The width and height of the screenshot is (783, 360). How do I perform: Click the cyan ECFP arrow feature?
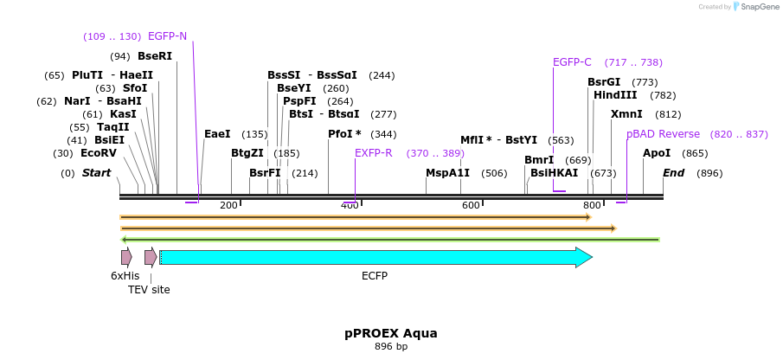[372, 257]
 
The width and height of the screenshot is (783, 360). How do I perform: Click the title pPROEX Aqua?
[391, 333]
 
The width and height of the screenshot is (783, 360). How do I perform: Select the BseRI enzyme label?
[155, 56]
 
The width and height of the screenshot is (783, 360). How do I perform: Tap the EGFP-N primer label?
[167, 36]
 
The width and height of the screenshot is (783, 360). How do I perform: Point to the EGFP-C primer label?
[572, 62]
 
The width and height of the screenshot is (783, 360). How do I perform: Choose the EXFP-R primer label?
[373, 153]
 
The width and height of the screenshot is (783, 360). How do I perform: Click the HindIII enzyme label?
[615, 95]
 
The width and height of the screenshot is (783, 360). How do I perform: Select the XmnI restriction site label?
[626, 114]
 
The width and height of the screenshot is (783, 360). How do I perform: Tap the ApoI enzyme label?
[657, 153]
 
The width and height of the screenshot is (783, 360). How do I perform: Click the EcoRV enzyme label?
[98, 153]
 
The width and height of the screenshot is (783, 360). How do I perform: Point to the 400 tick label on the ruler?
[350, 205]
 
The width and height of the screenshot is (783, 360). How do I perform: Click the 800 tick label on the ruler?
[592, 205]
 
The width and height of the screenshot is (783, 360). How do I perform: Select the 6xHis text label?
[125, 276]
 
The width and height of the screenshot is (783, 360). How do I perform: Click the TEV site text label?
[149, 290]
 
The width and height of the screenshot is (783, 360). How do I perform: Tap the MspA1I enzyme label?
[447, 173]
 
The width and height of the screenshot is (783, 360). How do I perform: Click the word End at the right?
[674, 173]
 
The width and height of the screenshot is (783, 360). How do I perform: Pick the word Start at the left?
[96, 173]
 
